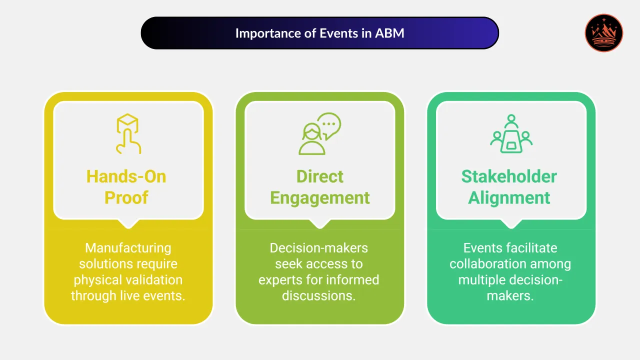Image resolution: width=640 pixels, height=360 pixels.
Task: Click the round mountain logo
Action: tap(604, 33)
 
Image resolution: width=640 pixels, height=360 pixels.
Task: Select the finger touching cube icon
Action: tap(128, 133)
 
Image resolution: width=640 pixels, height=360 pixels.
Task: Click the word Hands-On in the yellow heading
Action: tap(126, 176)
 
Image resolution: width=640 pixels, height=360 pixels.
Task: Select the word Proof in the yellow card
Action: tap(126, 197)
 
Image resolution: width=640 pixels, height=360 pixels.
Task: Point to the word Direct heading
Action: tap(320, 176)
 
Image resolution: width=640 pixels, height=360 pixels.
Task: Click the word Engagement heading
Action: tap(320, 197)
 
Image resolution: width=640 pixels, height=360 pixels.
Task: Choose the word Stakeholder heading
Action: tap(509, 176)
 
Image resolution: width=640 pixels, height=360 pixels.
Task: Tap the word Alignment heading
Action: tap(509, 197)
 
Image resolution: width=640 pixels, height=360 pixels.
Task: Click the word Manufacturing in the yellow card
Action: tap(128, 248)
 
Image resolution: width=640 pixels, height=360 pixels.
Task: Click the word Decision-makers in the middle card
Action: tap(319, 248)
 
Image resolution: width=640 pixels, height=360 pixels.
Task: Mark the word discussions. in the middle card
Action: tap(319, 295)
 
